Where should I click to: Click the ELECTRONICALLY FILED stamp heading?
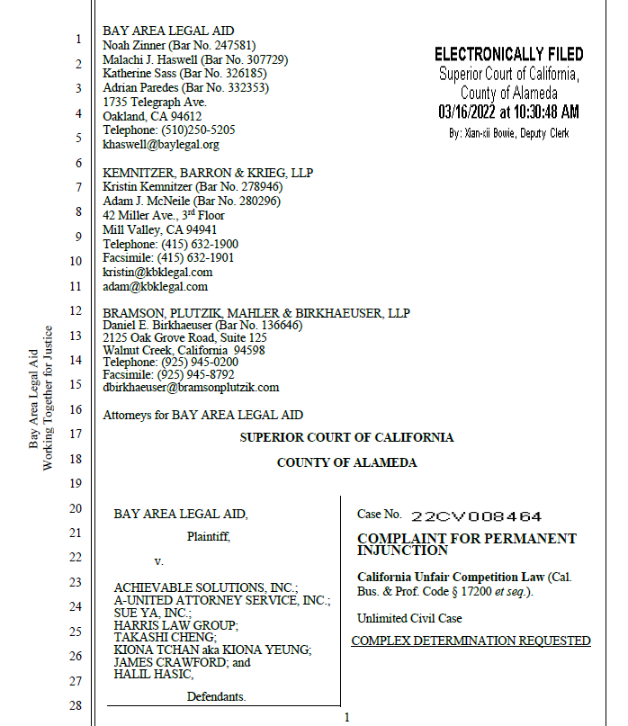pyautogui.click(x=508, y=54)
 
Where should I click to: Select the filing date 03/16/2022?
pyautogui.click(x=468, y=112)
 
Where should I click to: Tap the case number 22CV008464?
pyautogui.click(x=476, y=516)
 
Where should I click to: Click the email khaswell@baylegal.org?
pyautogui.click(x=161, y=144)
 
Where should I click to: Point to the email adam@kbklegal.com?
pyautogui.click(x=155, y=287)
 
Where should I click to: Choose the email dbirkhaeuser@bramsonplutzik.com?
pyautogui.click(x=191, y=387)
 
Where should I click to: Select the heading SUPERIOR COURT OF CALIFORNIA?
pyautogui.click(x=346, y=438)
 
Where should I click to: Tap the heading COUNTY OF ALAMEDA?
pyautogui.click(x=346, y=462)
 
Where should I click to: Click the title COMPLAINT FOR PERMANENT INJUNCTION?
pyautogui.click(x=466, y=543)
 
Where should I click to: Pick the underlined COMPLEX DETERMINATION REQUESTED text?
pyautogui.click(x=471, y=641)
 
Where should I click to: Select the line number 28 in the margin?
pyautogui.click(x=77, y=705)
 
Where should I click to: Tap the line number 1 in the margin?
pyautogui.click(x=78, y=40)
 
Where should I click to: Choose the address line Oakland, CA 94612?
pyautogui.click(x=153, y=116)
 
